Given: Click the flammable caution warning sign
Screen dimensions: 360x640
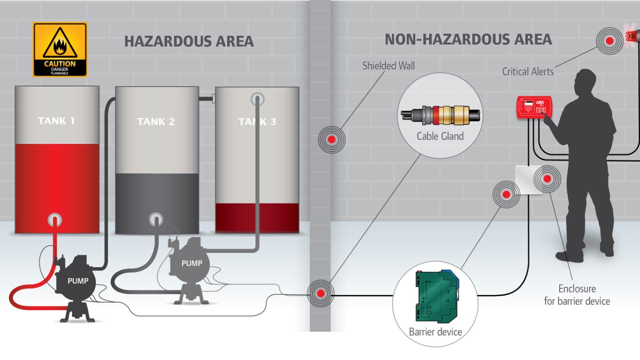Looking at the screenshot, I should [60, 49].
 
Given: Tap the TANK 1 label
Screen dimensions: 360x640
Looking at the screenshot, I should [56, 120].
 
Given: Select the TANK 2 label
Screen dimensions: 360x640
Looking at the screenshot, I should [155, 121].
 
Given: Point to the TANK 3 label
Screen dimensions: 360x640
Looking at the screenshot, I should [257, 121].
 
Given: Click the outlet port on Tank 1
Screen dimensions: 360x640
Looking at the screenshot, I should [54, 219].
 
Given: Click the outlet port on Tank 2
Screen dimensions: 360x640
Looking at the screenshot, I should [156, 219].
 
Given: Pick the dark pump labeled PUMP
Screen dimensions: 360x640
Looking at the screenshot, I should [77, 282].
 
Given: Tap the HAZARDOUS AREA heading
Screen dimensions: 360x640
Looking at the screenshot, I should [188, 41].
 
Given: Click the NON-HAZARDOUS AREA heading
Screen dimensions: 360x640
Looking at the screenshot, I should [468, 39].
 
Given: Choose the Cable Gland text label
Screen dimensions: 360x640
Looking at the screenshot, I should [440, 136].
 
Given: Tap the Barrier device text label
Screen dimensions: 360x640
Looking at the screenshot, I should [435, 332].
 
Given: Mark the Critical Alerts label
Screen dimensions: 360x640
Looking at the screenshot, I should [528, 71].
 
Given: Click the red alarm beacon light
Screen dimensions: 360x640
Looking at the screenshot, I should [632, 35].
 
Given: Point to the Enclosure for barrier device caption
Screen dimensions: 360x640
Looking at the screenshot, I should [577, 295].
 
